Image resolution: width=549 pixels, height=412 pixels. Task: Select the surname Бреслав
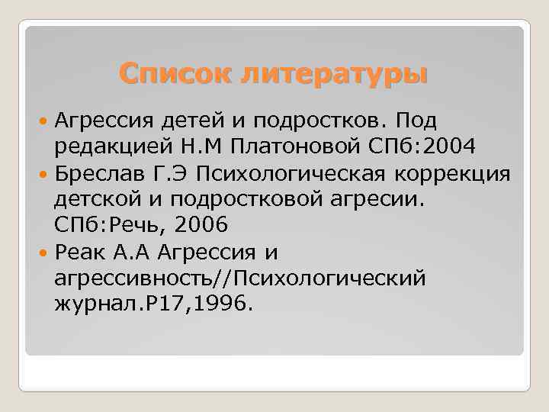[x=101, y=173]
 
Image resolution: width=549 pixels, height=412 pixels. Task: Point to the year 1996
[x=224, y=304]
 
